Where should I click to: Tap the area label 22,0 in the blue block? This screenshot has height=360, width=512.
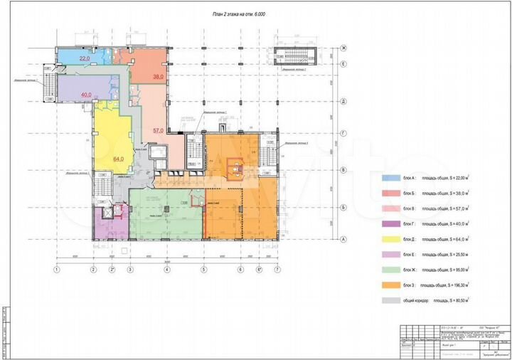tap(84, 58)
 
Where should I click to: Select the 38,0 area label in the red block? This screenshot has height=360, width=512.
tap(158, 76)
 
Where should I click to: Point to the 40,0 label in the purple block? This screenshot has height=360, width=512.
tap(86, 95)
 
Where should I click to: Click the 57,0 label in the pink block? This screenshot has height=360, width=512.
tap(158, 131)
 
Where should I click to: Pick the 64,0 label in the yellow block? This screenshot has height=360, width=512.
tap(118, 159)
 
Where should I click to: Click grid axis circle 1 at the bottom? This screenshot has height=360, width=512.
tap(55, 270)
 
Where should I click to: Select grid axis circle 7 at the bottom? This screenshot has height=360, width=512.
tap(278, 270)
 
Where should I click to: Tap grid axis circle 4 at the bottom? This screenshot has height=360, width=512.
tap(166, 270)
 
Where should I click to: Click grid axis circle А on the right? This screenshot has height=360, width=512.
tap(343, 239)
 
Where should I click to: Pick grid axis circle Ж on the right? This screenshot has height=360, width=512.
tap(343, 48)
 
